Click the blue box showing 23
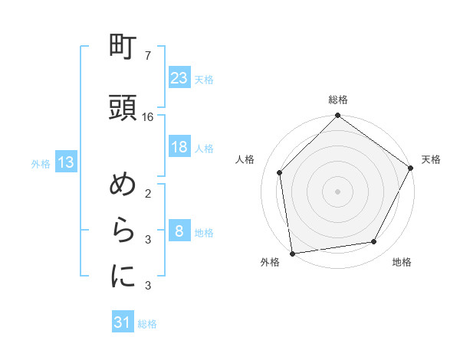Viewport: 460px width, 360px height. click(179, 77)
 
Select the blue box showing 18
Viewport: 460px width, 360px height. click(179, 147)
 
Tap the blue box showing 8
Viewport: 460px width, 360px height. click(179, 231)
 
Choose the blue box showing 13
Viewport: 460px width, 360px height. click(64, 162)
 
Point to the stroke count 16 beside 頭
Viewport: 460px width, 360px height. click(148, 117)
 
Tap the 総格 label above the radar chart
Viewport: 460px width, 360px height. click(338, 100)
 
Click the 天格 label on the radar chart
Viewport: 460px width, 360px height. click(431, 159)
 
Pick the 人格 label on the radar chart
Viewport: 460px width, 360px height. click(245, 159)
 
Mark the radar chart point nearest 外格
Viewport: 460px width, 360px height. click(292, 253)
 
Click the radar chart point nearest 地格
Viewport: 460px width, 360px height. click(374, 242)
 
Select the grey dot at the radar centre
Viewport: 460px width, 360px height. click(338, 191)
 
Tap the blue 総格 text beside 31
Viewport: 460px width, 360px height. click(147, 324)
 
